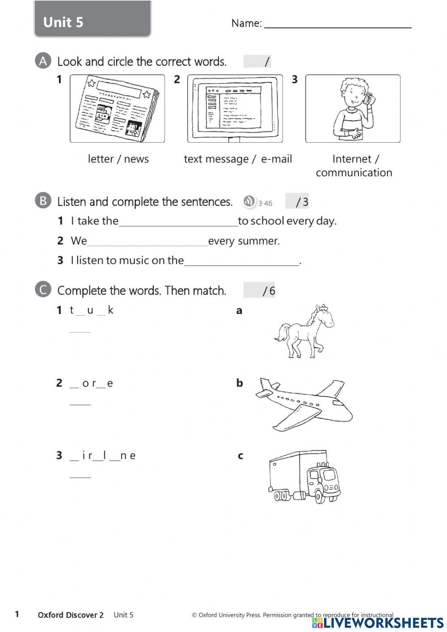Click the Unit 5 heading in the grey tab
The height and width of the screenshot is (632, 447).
[63, 22]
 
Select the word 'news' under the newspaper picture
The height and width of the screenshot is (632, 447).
[136, 159]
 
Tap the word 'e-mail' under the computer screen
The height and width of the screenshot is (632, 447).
[276, 159]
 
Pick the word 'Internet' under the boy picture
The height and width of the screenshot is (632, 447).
[352, 159]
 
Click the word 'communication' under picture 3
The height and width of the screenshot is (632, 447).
[354, 173]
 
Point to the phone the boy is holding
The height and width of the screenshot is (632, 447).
[368, 98]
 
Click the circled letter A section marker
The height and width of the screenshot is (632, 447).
[43, 61]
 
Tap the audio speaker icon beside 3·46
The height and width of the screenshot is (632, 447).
[249, 202]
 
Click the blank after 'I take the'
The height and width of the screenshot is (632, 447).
[178, 222]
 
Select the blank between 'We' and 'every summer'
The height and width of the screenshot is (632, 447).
[148, 242]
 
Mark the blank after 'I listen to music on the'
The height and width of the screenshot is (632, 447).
[241, 262]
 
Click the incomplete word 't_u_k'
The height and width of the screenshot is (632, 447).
[92, 310]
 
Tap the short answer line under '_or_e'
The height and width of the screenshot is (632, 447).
[80, 404]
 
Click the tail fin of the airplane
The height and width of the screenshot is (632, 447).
[266, 386]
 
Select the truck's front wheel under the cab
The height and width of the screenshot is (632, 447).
[319, 497]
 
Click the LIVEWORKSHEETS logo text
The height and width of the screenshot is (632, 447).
[383, 623]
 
